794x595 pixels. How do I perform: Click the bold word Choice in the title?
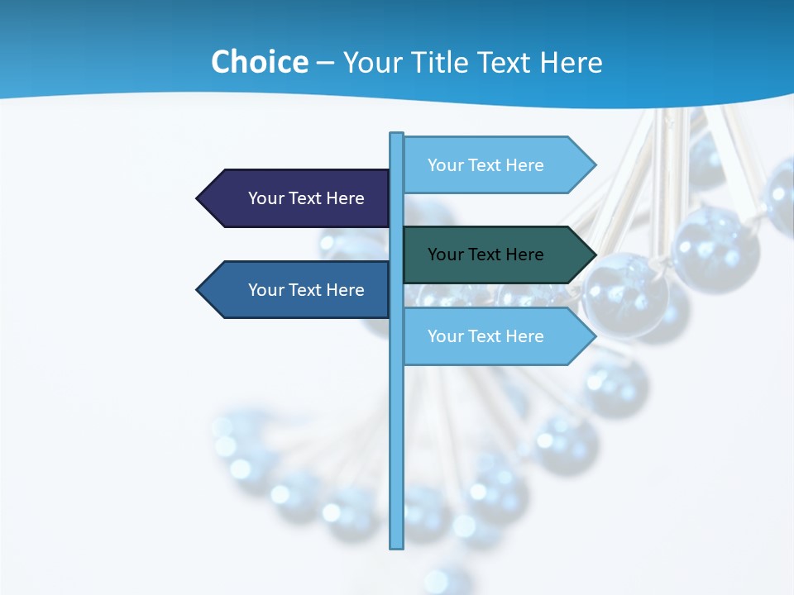[259, 62]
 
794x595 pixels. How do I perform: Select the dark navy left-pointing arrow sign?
[298, 198]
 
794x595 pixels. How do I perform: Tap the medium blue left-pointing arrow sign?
[298, 290]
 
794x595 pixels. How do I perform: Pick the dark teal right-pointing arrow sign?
[492, 255]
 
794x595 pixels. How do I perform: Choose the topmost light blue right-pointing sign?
[492, 165]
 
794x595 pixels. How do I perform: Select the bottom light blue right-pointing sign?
[492, 336]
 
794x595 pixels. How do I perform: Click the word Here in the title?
[571, 62]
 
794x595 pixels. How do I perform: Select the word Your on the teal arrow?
[445, 255]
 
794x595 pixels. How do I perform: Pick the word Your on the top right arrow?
[445, 165]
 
